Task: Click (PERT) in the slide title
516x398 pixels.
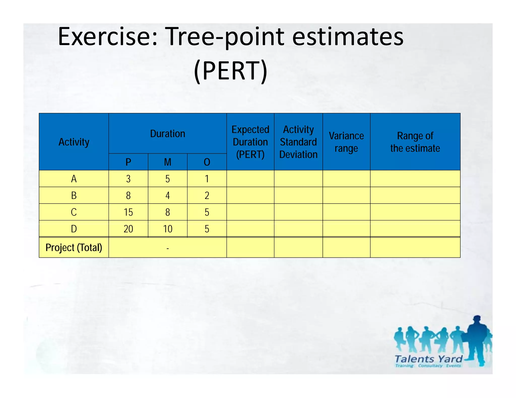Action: (x=230, y=71)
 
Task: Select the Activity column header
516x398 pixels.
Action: (x=74, y=142)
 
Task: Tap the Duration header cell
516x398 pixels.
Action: (x=168, y=134)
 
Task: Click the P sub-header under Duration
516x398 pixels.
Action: (x=128, y=162)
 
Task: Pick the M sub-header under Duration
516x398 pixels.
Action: (x=168, y=162)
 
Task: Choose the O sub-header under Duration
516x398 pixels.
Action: (x=207, y=162)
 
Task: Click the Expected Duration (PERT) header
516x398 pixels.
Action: (x=250, y=142)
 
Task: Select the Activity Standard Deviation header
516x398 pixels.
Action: (x=298, y=142)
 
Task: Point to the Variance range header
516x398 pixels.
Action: (x=346, y=142)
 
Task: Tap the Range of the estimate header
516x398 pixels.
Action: (x=415, y=142)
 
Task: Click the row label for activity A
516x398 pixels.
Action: (x=74, y=179)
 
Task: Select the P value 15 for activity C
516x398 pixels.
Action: (x=128, y=212)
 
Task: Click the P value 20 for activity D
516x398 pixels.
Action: (x=128, y=229)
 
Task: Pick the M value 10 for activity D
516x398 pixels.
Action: (x=168, y=229)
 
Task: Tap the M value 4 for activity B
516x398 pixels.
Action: (x=168, y=195)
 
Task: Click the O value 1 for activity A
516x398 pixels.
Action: (x=207, y=179)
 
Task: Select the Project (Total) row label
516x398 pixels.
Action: (x=74, y=248)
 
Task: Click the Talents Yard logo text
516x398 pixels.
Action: (x=428, y=359)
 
